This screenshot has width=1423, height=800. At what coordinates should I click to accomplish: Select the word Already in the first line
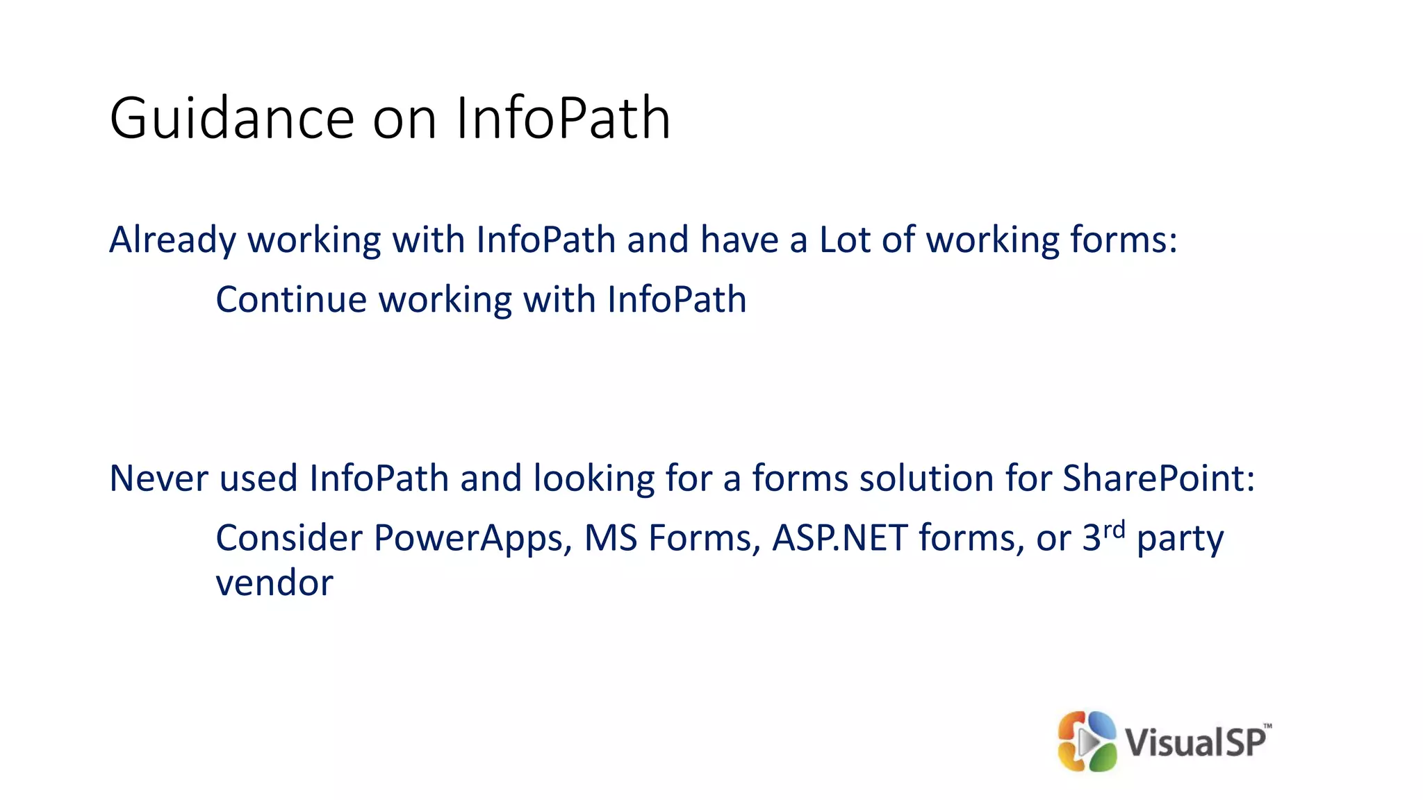point(172,240)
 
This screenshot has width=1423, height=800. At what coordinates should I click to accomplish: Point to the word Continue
point(291,300)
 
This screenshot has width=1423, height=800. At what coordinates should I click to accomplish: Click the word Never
point(158,478)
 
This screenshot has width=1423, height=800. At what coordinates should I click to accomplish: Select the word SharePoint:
point(1159,478)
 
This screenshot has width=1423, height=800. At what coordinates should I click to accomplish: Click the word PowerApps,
point(473,538)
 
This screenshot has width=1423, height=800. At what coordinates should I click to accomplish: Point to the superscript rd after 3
point(1114,530)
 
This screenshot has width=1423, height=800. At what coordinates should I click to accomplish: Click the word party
point(1180,540)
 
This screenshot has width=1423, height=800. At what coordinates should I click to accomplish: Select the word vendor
point(274,583)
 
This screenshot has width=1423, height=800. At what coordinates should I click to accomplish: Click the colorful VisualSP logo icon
point(1087,741)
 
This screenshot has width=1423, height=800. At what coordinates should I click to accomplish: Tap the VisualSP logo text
point(1196,742)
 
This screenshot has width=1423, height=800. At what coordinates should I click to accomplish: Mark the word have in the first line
point(739,240)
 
